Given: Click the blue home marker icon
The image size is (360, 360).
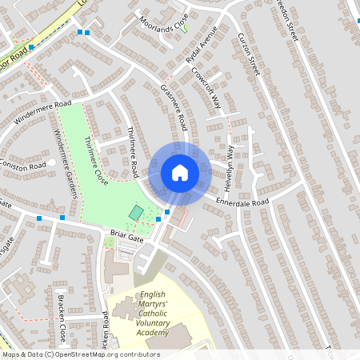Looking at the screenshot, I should (x=179, y=173).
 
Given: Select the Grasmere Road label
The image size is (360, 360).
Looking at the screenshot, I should (x=174, y=108).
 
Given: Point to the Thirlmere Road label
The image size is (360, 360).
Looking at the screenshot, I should (x=134, y=152).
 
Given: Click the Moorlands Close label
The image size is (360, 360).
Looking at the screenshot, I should (x=164, y=29).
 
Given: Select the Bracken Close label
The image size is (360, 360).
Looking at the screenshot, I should (x=62, y=318).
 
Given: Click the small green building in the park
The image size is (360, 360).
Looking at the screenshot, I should (x=137, y=213).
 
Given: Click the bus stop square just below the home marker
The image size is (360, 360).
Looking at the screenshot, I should (x=166, y=212).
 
